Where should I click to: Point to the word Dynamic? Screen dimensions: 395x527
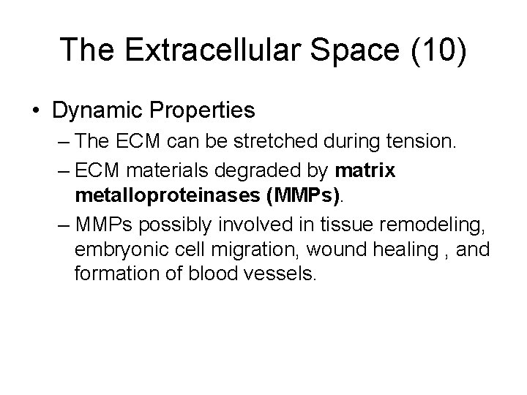99,110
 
